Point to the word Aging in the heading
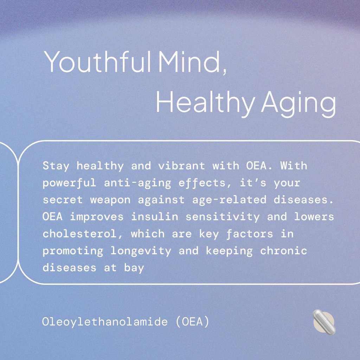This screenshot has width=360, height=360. click(x=298, y=103)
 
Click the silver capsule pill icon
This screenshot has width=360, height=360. click(x=324, y=322)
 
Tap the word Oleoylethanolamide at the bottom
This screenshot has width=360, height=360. click(x=105, y=322)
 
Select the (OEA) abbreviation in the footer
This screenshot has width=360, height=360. click(x=192, y=322)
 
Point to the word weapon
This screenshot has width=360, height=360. click(x=110, y=200)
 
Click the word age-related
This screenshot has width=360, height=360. click(x=229, y=200)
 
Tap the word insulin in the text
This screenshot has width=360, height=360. click(x=154, y=217)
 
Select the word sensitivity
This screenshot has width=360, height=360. click(x=223, y=217)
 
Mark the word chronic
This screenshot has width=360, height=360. click(x=284, y=251)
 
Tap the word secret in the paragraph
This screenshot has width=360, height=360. click(x=63, y=200)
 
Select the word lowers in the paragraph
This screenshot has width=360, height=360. click(x=314, y=217)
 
